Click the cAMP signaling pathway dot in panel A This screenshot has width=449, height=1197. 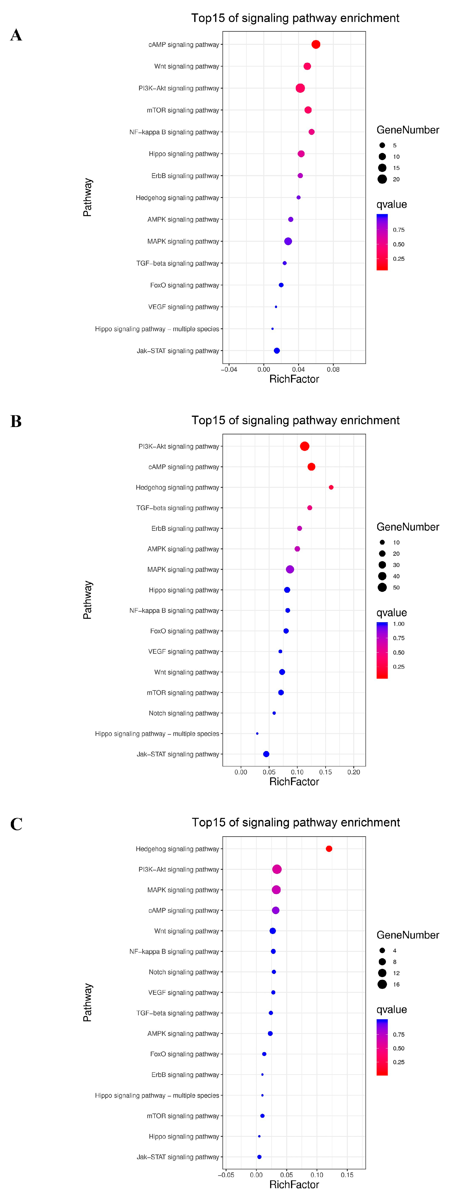point(316,45)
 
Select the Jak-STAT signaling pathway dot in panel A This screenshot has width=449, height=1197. point(277,351)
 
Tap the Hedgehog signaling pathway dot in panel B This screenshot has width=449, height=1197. point(331,487)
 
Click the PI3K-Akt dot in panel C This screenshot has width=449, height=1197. point(277,869)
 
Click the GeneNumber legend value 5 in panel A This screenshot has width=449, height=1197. point(395,146)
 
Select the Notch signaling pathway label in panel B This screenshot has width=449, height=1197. point(184,713)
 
